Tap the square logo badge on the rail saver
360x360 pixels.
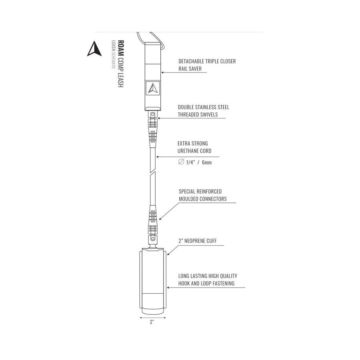click(x=152, y=88)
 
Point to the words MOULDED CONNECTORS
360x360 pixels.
click(x=202, y=199)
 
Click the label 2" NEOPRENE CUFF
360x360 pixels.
click(x=197, y=241)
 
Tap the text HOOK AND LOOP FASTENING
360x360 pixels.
click(x=206, y=283)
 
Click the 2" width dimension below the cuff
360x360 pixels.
click(x=152, y=322)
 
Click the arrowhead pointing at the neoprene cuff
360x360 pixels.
click(x=168, y=254)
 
